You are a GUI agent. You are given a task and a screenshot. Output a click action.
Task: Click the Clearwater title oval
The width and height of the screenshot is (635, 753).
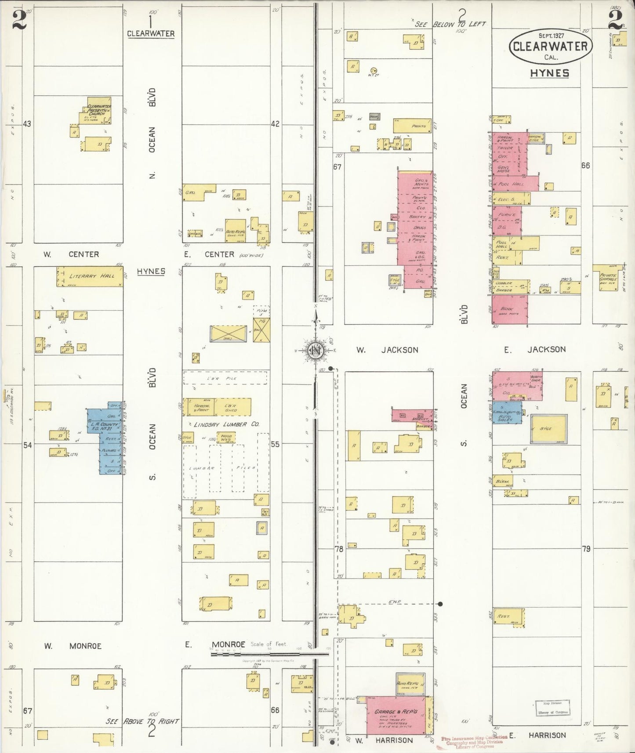(x=550, y=46)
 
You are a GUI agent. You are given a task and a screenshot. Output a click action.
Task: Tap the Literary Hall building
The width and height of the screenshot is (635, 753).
(x=89, y=277)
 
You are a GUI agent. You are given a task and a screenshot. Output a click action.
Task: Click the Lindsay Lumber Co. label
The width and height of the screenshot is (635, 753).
(x=226, y=424)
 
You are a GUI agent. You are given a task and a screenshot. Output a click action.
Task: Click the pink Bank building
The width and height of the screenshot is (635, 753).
(x=509, y=310)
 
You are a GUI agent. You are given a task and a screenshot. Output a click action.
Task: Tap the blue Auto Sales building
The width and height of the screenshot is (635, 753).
(x=507, y=413)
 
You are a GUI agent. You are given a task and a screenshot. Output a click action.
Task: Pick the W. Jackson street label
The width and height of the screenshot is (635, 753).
(x=387, y=350)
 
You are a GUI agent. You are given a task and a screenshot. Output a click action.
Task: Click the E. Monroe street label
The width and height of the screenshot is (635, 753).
(x=215, y=645)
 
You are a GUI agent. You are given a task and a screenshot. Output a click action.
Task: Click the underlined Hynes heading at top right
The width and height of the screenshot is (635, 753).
(x=549, y=73)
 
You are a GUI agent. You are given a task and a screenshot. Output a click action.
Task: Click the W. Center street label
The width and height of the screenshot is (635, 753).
(x=71, y=254)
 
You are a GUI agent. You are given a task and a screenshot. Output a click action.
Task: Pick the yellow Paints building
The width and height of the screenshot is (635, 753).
(x=412, y=126)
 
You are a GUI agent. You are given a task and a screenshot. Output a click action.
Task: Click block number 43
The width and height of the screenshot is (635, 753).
(x=27, y=124)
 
